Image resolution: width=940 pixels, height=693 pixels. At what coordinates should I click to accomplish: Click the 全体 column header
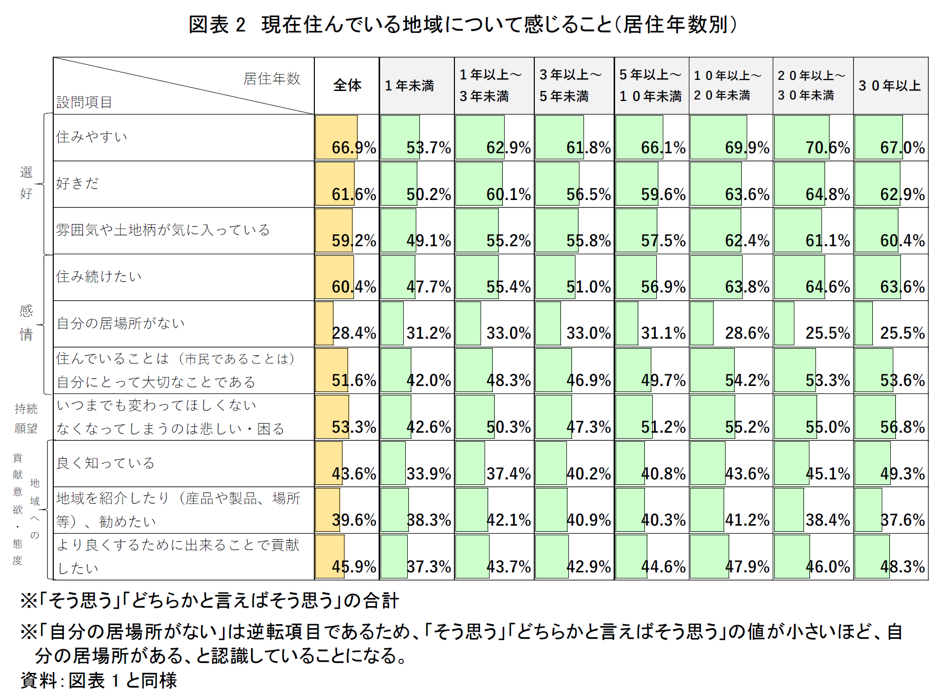(x=347, y=85)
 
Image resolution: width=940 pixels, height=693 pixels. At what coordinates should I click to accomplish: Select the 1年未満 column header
(x=409, y=86)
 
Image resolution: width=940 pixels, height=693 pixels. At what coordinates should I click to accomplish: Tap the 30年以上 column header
(x=889, y=86)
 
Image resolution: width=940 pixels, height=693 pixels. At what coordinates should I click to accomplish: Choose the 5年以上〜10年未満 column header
(x=650, y=85)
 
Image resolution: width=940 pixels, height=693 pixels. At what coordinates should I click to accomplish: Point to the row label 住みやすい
(x=92, y=137)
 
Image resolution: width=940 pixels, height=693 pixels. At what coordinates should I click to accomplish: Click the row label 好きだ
(x=77, y=183)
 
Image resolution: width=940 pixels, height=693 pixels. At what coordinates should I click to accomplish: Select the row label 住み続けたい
(x=99, y=276)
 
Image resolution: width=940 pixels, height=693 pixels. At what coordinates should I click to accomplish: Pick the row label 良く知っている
(x=105, y=463)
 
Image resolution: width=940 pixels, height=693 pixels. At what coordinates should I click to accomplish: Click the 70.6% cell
(x=828, y=148)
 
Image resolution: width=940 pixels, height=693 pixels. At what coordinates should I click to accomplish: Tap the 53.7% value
(x=428, y=148)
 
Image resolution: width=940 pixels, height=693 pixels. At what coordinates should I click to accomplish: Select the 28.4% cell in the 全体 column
(x=354, y=333)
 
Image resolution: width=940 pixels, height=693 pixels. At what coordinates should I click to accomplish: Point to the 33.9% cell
(x=428, y=473)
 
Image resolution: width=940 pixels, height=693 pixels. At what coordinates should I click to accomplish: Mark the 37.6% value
(x=902, y=520)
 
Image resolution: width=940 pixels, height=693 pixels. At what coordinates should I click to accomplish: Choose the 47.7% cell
(x=428, y=287)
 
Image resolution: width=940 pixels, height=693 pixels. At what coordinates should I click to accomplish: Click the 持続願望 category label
(x=26, y=418)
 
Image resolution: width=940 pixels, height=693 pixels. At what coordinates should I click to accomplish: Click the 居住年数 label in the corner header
(x=272, y=79)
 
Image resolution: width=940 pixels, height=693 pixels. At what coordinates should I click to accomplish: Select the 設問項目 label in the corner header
(x=84, y=103)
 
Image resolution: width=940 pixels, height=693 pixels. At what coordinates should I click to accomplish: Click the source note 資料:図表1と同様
(x=99, y=680)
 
